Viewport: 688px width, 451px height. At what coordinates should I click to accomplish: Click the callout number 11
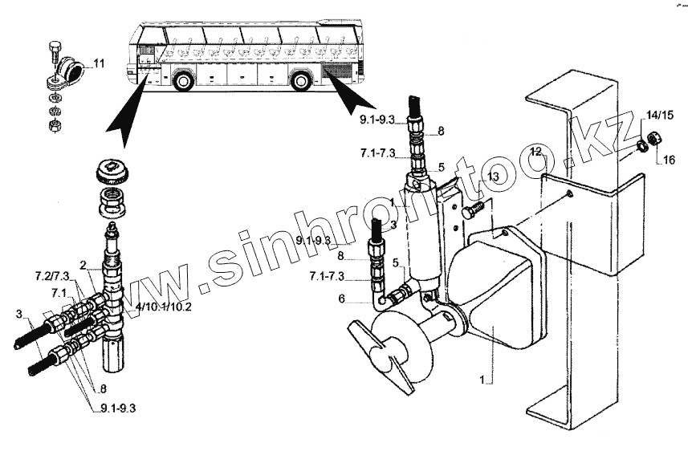tap(99, 63)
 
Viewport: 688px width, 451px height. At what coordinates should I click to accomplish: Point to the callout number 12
tap(536, 152)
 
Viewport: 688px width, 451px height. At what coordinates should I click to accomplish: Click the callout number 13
tap(493, 177)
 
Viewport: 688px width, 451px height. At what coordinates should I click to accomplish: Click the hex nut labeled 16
tap(653, 139)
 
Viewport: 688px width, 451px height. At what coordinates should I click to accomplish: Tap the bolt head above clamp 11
tap(55, 45)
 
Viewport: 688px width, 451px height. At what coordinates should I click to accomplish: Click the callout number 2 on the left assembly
tap(83, 264)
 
